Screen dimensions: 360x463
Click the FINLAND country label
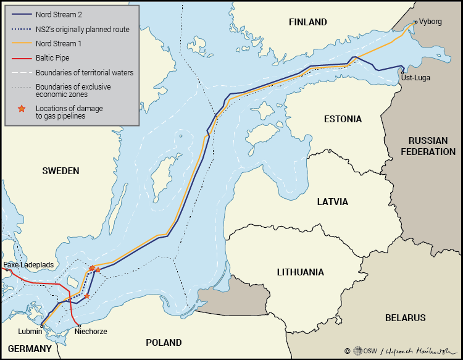[307, 22]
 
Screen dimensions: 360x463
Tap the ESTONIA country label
[343, 119]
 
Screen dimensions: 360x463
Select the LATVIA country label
[333, 202]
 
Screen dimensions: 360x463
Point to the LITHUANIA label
[300, 272]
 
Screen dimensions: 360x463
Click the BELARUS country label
[405, 318]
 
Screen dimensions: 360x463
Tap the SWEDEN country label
[60, 170]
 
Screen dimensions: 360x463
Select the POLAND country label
[164, 342]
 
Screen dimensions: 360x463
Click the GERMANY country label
[30, 348]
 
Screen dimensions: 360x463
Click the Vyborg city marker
[416, 22]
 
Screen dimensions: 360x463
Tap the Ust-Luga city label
[415, 78]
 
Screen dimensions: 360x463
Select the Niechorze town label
[92, 332]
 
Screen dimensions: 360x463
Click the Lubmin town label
[30, 332]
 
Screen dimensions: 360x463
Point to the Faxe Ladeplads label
[28, 265]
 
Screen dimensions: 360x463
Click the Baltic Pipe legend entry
[54, 59]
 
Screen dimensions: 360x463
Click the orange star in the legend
[22, 109]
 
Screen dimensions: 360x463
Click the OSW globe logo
[358, 351]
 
